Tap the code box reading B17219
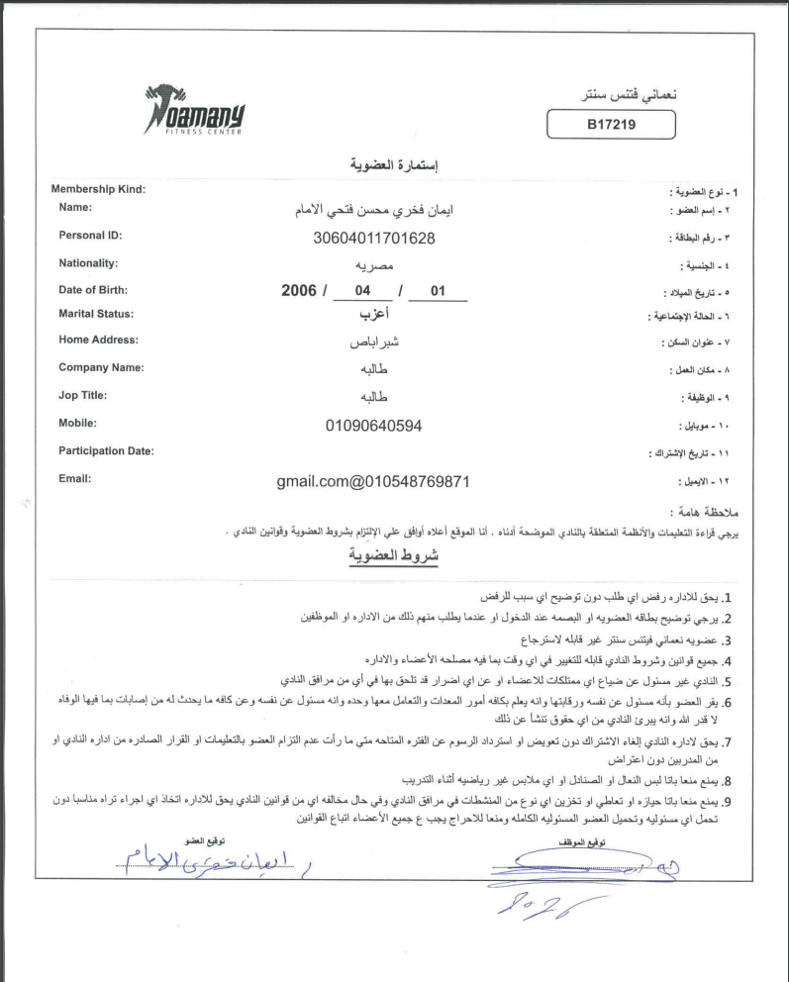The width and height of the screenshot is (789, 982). (x=611, y=126)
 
